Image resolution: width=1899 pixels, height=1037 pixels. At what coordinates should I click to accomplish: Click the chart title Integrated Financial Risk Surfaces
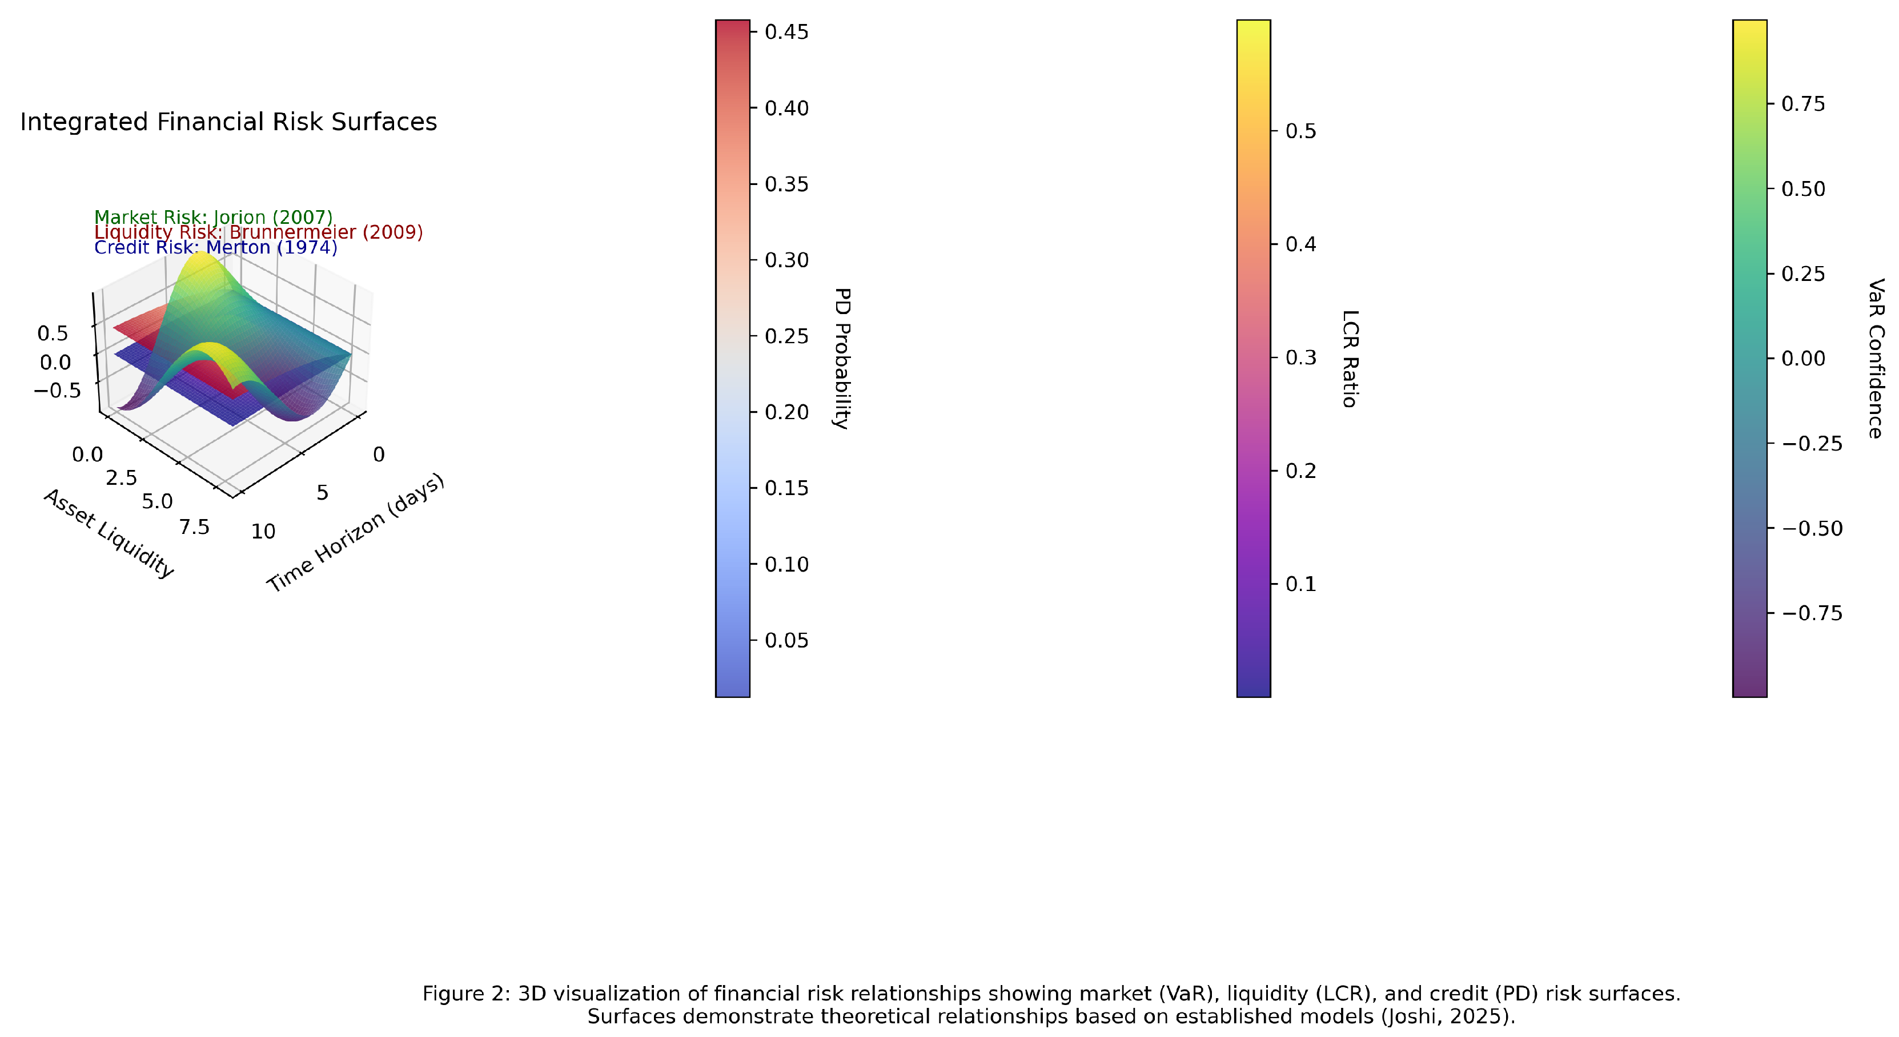pos(228,122)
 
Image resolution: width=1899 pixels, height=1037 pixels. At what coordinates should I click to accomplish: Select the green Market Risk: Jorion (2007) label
pos(213,218)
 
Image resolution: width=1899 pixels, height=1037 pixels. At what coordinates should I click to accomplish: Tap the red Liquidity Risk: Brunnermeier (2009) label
pos(258,232)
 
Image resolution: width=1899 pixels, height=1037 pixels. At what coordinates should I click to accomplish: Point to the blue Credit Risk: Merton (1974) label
pos(215,248)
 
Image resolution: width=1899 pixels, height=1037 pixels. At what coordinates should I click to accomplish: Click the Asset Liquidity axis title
pos(109,533)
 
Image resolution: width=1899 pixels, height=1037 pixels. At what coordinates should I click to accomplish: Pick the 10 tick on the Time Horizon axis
pos(263,532)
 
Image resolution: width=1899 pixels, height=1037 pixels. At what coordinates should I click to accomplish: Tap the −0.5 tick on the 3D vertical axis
pos(58,391)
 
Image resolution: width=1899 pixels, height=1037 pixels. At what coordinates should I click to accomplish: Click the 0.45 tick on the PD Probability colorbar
pos(786,31)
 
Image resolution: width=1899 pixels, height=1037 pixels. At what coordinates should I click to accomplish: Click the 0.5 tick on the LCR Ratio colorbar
pos(1300,131)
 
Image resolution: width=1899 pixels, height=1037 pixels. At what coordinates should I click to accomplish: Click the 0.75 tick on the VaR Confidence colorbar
pos(1803,104)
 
